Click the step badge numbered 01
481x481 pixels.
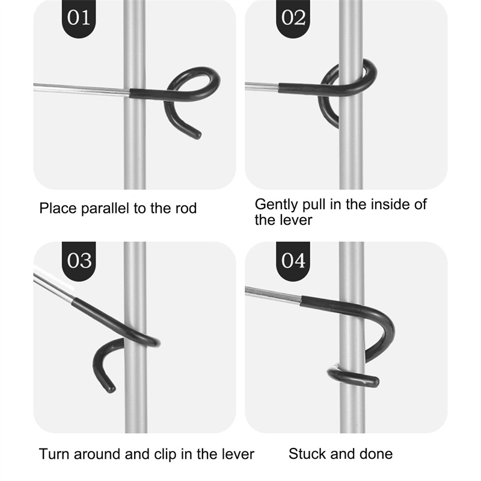[x=79, y=18]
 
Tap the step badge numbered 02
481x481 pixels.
[x=293, y=18]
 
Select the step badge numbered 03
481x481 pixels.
[x=79, y=261]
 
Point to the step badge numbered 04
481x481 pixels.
[x=293, y=261]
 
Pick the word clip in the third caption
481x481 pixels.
[x=166, y=455]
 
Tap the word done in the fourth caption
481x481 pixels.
[x=376, y=454]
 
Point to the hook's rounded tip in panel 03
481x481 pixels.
[x=111, y=389]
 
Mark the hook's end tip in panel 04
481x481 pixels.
[x=375, y=382]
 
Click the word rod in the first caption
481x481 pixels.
[x=186, y=209]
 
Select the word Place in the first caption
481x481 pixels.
[x=58, y=209]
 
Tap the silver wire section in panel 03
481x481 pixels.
[x=54, y=286]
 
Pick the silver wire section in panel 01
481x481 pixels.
[x=82, y=89]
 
